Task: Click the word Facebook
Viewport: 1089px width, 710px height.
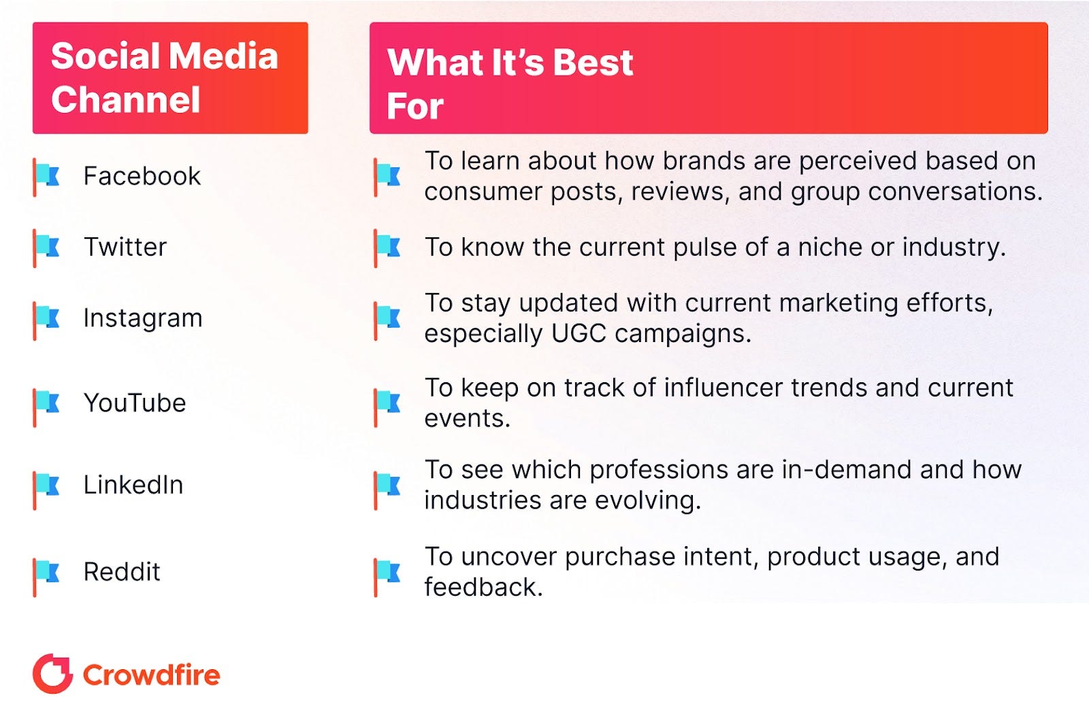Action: point(142,175)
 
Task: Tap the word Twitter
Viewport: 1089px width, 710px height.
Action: point(125,247)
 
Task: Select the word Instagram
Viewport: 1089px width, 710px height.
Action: point(143,319)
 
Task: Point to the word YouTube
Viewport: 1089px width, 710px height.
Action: point(135,403)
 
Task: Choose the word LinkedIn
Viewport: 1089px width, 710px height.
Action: point(133,485)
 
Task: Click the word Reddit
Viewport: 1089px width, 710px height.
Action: point(122,571)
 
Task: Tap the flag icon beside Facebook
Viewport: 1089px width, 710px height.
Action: point(46,177)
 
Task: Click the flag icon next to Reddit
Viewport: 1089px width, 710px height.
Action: point(46,577)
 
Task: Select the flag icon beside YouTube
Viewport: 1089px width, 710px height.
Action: point(46,407)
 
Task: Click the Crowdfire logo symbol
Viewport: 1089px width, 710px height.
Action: point(52,673)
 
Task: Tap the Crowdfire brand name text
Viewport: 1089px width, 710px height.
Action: point(152,675)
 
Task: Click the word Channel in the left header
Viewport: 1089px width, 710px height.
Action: point(125,99)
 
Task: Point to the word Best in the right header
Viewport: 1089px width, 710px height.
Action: point(593,63)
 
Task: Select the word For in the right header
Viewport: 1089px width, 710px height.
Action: point(415,105)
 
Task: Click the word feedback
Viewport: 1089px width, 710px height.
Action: point(483,587)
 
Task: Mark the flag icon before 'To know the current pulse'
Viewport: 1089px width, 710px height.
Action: point(387,248)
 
